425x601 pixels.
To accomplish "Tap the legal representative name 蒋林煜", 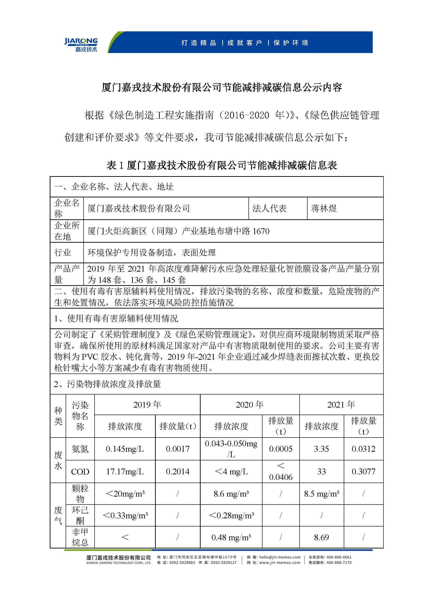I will coord(324,208).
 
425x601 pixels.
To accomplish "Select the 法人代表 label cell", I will coord(269,208).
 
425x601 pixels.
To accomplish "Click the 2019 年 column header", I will coord(147,405).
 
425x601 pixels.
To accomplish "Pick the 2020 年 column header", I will coord(249,405).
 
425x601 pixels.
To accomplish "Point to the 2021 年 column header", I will coord(341,405).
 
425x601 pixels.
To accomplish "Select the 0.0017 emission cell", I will coord(178,449).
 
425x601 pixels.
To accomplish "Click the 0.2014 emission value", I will coord(178,472).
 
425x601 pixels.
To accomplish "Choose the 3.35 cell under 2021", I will coord(321,449).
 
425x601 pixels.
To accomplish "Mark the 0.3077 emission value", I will coord(364,472).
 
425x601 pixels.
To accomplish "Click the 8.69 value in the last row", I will coord(321,537).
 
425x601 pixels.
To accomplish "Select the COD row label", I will coord(80,472).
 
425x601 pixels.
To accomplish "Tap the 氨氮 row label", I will coord(80,449).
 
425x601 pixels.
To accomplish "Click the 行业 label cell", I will coord(63,252).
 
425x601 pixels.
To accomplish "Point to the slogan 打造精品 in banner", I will coord(199,43).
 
